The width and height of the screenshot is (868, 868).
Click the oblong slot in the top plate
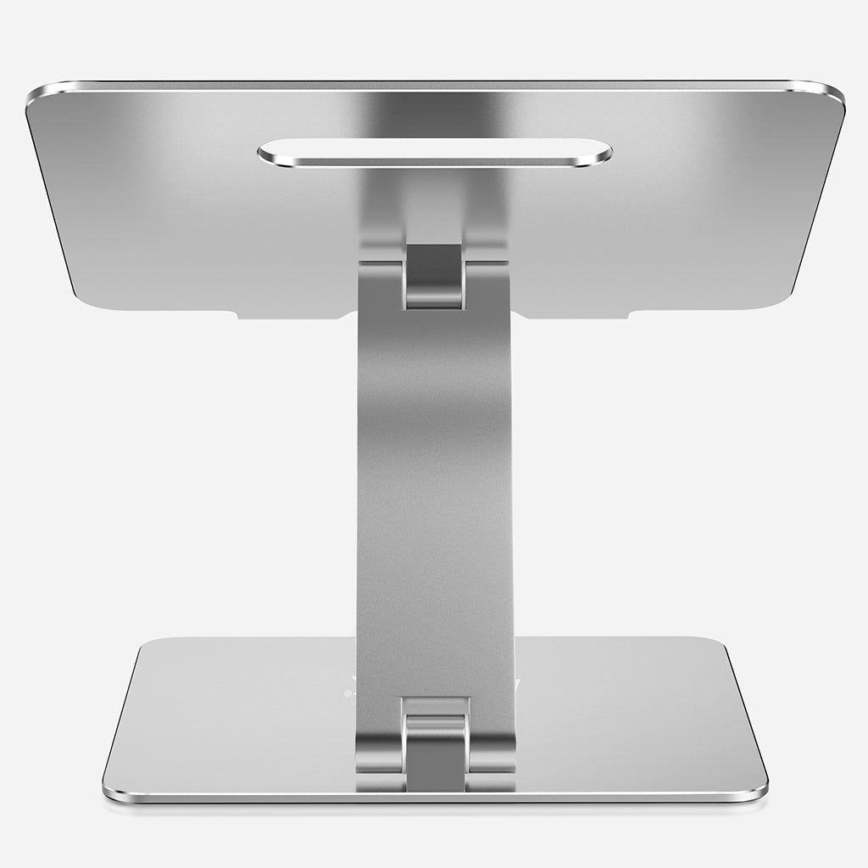pos(434,153)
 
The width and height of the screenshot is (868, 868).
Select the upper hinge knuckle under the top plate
pos(434,276)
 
